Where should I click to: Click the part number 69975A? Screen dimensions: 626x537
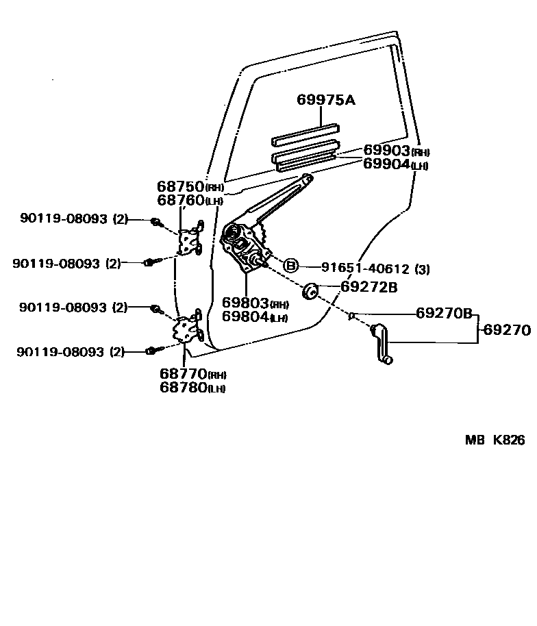pos(326,100)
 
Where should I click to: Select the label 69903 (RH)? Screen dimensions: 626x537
pos(395,151)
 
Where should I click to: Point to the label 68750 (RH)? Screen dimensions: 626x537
pos(190,186)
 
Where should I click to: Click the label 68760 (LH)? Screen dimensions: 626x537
pos(190,200)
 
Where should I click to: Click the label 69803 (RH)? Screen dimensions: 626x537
pos(255,303)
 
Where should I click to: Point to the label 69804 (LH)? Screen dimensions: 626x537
pos(255,316)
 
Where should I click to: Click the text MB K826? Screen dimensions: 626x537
pos(495,440)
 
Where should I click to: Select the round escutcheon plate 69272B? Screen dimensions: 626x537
pos(309,291)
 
